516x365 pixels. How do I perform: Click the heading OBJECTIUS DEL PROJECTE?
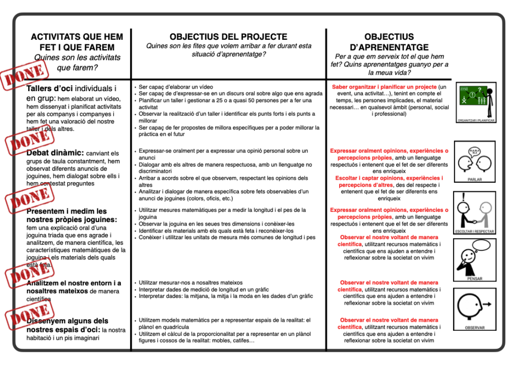[x=228, y=37]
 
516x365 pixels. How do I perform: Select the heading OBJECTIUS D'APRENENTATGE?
[x=389, y=42]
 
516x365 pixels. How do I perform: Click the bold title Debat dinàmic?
[x=55, y=153]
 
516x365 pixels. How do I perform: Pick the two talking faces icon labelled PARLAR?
[x=475, y=160]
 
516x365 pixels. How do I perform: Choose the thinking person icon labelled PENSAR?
[x=475, y=257]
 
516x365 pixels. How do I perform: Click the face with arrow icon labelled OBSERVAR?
[x=475, y=306]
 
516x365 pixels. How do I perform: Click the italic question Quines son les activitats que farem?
[x=77, y=62]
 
